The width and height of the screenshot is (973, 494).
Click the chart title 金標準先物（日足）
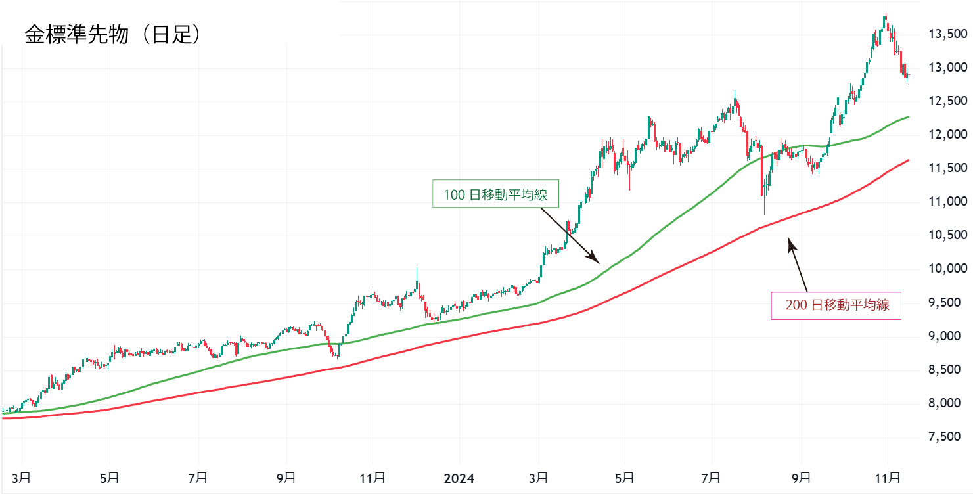112,35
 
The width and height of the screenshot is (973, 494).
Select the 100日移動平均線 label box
495,194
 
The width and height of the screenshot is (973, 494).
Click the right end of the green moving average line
909,117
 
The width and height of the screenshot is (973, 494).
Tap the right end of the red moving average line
909,160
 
